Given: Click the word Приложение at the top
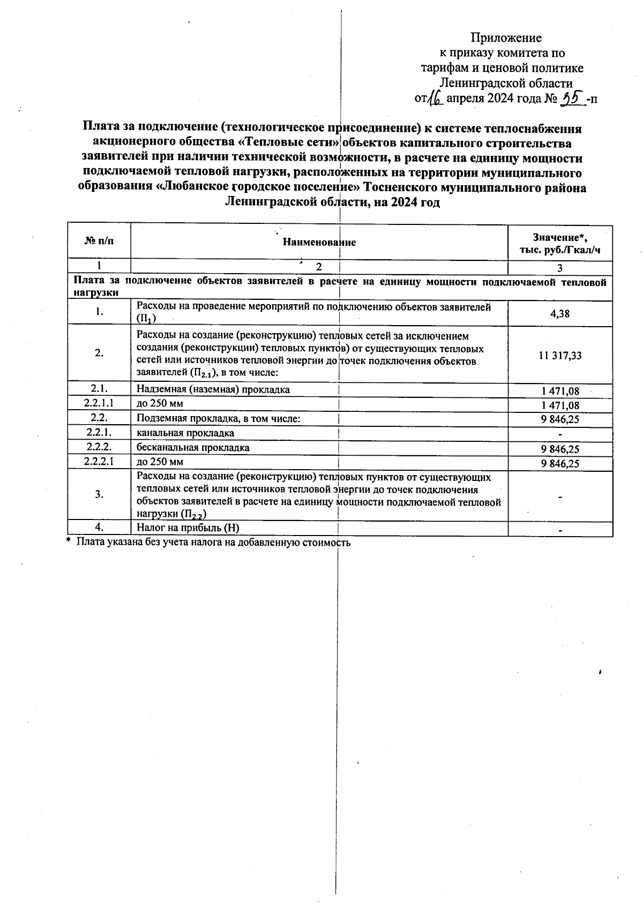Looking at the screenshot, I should click(506, 37).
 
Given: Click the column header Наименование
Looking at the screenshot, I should click(319, 242).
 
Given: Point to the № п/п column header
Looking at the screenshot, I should click(99, 242).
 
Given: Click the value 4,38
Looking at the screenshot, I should click(560, 314).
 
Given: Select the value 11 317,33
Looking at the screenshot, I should click(560, 355).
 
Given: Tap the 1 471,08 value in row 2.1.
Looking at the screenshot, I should click(560, 391).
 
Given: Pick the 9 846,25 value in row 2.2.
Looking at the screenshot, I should click(560, 419).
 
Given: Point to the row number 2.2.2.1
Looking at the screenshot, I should click(99, 461).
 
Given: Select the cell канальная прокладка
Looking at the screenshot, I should click(185, 433).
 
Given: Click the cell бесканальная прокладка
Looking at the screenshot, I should click(193, 447).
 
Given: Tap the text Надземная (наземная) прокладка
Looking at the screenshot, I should click(213, 389).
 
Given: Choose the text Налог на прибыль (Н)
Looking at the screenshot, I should click(188, 528).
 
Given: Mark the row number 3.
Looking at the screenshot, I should click(99, 494).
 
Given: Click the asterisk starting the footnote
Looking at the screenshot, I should click(69, 542).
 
